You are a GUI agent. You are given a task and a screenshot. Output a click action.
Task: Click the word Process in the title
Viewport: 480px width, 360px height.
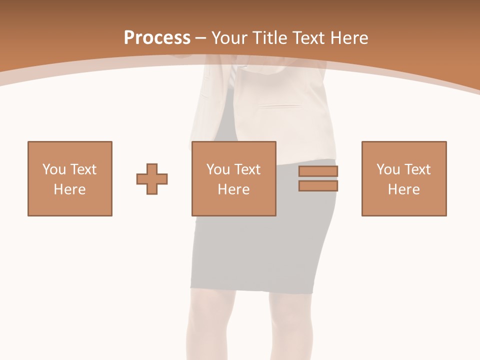click(157, 38)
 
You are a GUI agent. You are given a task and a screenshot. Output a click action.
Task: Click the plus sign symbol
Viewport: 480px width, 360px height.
click(152, 178)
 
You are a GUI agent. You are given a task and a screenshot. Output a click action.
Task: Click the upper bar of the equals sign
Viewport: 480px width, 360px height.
click(318, 171)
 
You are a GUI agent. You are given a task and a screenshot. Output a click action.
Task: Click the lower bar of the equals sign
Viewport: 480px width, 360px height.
click(318, 186)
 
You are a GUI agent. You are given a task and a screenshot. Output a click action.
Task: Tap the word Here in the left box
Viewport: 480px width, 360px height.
click(70, 189)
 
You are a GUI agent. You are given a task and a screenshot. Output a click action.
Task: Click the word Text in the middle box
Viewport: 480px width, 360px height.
click(247, 169)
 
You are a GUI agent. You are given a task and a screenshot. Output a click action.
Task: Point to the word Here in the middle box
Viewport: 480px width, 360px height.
click(234, 189)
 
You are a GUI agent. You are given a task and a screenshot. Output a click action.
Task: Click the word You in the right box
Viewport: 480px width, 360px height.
click(388, 169)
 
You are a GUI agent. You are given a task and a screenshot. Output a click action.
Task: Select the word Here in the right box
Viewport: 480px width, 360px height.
click(404, 189)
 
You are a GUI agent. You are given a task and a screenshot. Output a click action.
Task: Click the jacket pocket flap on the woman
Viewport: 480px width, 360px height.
click(283, 106)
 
